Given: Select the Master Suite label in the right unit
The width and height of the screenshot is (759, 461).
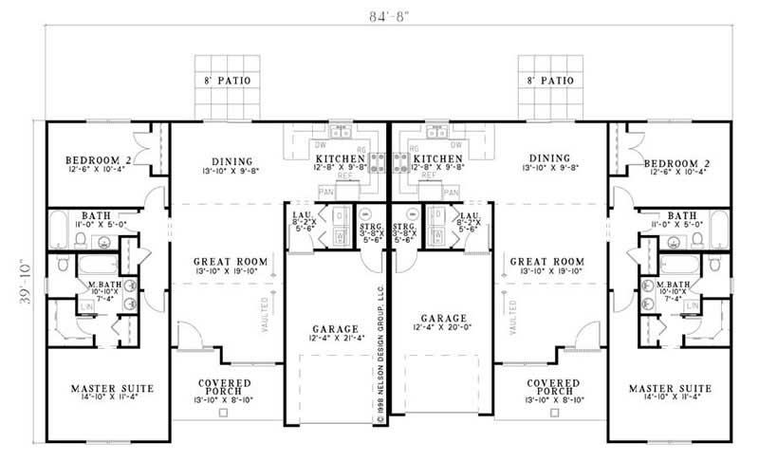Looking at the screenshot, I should pyautogui.click(x=673, y=388).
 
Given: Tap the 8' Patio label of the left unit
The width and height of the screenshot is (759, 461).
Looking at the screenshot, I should pyautogui.click(x=226, y=82).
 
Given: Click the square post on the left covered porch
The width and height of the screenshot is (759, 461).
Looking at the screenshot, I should pyautogui.click(x=223, y=414).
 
